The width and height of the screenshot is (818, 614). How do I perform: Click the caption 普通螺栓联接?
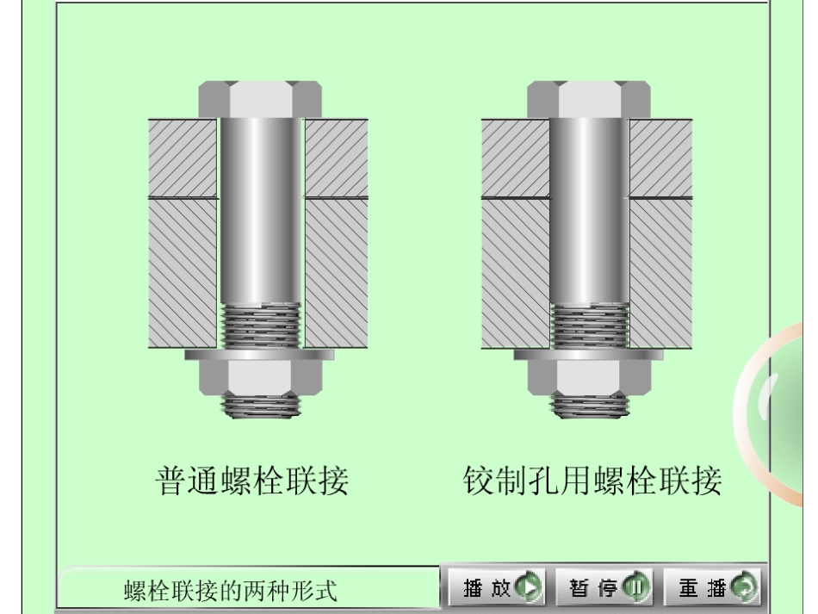click(x=252, y=481)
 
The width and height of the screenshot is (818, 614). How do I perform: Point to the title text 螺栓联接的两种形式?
click(x=231, y=592)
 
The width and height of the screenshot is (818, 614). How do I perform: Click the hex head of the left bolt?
click(x=260, y=99)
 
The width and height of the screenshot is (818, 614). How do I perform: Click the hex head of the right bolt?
click(x=589, y=99)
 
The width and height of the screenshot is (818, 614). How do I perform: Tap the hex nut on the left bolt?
click(x=260, y=375)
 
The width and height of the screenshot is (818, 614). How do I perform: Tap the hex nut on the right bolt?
click(x=589, y=375)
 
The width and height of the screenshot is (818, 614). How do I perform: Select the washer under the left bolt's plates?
click(x=260, y=354)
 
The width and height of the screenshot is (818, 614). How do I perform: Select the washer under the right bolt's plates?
click(x=589, y=354)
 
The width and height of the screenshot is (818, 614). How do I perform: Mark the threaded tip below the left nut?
click(x=260, y=405)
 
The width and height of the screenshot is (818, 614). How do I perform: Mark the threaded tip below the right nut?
click(x=589, y=405)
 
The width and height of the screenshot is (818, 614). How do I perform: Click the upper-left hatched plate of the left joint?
click(x=183, y=158)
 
